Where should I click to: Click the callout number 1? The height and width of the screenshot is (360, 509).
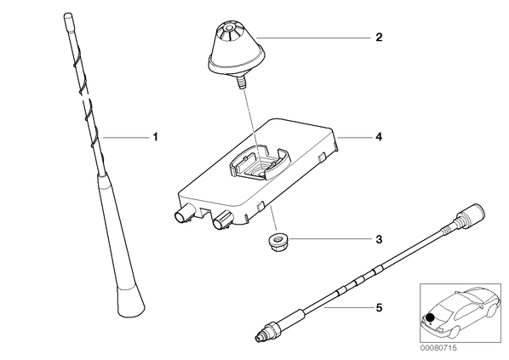pyautogui.click(x=156, y=137)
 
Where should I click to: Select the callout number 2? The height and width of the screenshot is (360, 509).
pyautogui.click(x=379, y=37)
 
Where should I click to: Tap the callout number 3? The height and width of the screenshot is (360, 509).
pyautogui.click(x=379, y=240)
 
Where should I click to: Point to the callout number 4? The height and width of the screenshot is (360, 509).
pyautogui.click(x=379, y=137)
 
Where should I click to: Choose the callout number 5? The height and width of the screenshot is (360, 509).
pyautogui.click(x=379, y=307)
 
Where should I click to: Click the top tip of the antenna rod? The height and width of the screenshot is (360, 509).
pyautogui.click(x=67, y=14)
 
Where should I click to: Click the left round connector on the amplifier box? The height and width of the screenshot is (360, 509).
pyautogui.click(x=183, y=214)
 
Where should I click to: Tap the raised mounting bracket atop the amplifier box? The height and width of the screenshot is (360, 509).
pyautogui.click(x=260, y=163)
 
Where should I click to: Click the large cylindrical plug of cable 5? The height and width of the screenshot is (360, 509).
pyautogui.click(x=471, y=214)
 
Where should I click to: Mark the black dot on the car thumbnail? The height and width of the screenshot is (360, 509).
pyautogui.click(x=431, y=317)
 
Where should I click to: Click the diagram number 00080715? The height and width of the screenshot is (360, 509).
pyautogui.click(x=438, y=348)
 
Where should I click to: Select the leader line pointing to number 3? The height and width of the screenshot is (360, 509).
pyautogui.click(x=329, y=239)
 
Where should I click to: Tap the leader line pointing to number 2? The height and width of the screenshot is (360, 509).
pyautogui.click(x=313, y=37)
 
